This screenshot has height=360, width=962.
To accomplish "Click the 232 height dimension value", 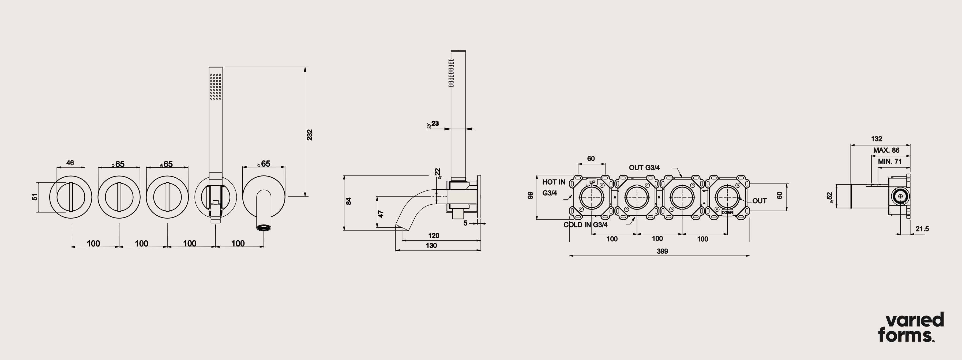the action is (x=310, y=135).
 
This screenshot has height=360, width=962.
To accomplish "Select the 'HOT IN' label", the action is (x=554, y=182).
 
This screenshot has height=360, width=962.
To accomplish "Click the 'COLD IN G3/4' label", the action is (x=585, y=225).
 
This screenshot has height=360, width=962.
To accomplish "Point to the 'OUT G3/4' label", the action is (x=644, y=168).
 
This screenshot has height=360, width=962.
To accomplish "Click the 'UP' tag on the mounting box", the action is (x=592, y=182).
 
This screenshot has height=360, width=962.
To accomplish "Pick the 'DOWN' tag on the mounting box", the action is (x=727, y=212).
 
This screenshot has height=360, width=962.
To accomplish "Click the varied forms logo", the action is (x=911, y=327).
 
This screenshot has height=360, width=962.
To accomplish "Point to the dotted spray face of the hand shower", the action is (x=216, y=87).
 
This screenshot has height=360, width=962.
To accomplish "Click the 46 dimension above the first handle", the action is (x=70, y=163).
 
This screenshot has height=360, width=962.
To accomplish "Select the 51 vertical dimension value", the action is (x=35, y=197).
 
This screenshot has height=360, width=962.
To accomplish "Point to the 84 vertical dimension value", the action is (x=349, y=201).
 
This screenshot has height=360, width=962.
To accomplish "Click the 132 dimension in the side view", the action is (x=877, y=139).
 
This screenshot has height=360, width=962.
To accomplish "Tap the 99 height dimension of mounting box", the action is (x=530, y=195).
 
